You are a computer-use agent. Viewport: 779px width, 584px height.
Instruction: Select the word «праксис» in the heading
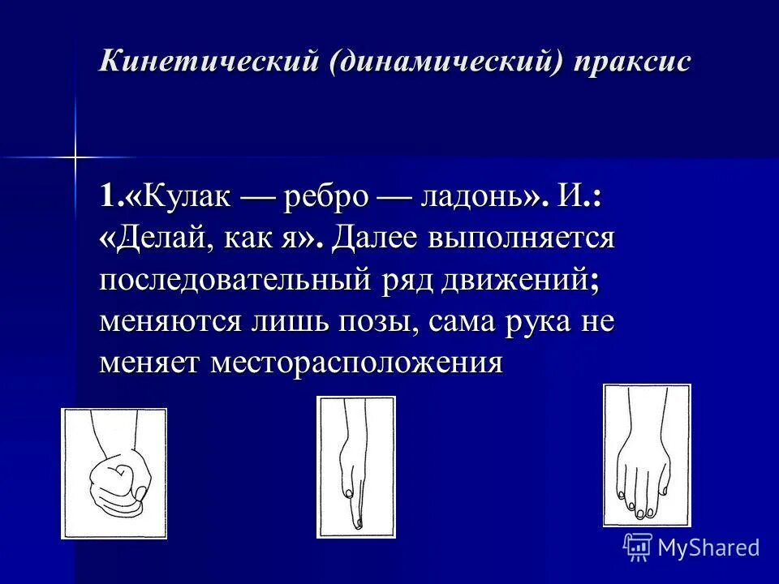tap(634, 62)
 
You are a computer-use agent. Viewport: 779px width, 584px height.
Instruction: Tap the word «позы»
tap(381, 323)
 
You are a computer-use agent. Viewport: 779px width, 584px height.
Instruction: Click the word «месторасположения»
tap(357, 363)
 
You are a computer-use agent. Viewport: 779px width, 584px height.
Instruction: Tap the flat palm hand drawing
tap(646, 454)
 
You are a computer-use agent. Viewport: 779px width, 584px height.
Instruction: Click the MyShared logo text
tap(708, 547)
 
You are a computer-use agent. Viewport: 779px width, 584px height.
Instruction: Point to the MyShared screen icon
tap(637, 547)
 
